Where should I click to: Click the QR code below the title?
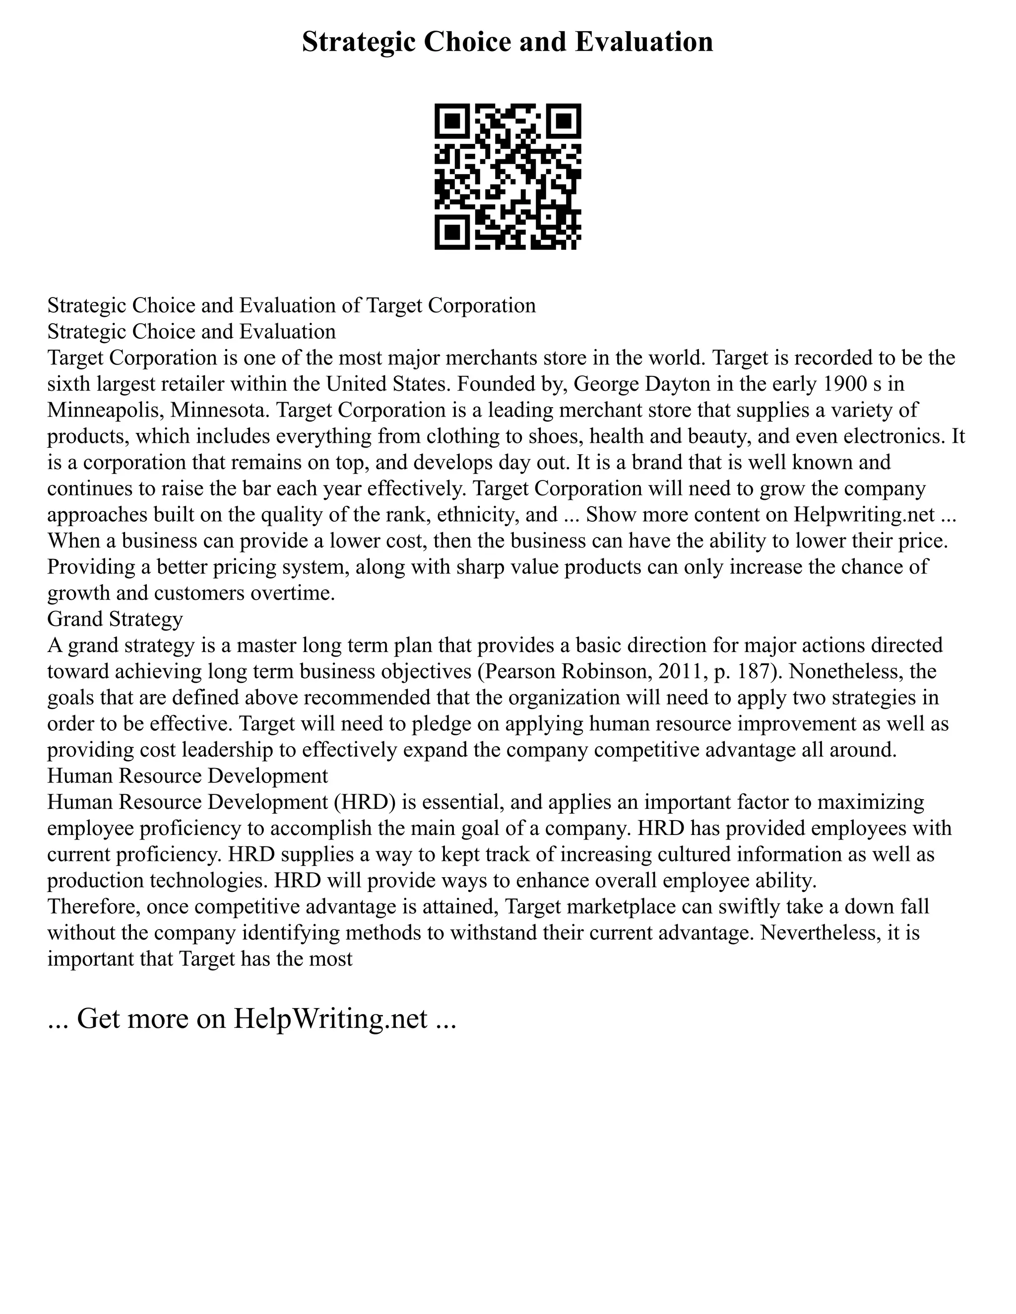coord(508,177)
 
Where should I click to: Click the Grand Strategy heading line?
coord(115,619)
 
